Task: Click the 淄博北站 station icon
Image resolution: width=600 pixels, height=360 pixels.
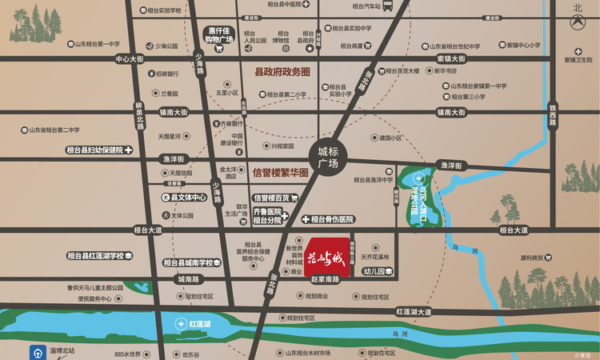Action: [38, 351]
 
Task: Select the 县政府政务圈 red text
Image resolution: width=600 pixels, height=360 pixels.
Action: [282, 72]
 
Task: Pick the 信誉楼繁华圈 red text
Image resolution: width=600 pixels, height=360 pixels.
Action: [280, 171]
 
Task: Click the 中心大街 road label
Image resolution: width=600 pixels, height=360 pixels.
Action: [129, 59]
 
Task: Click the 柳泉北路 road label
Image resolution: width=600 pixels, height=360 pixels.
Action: [140, 117]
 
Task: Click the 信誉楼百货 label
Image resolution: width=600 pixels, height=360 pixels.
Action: [274, 198]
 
